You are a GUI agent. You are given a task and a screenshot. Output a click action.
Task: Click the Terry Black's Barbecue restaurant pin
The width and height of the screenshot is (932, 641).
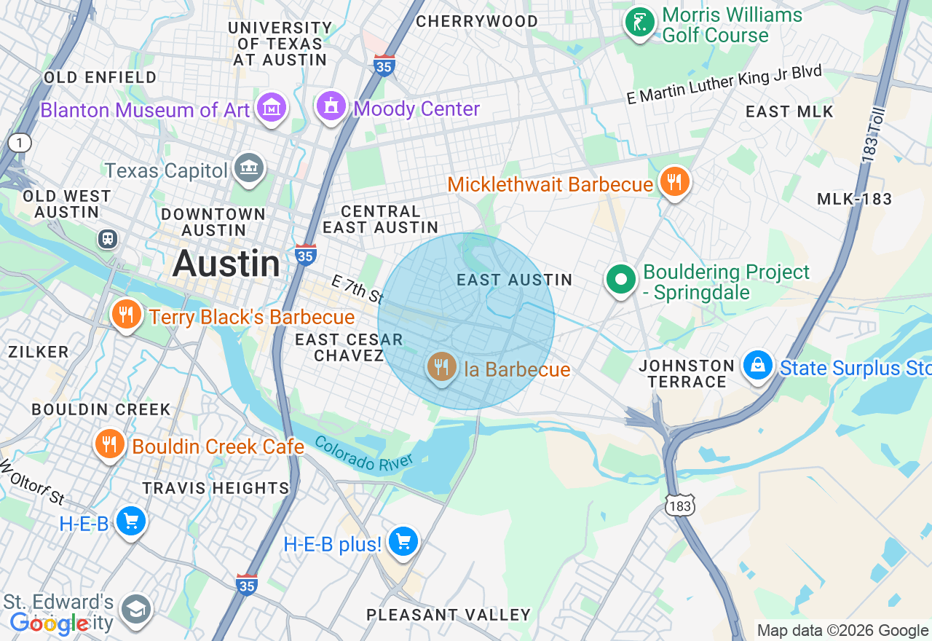(x=126, y=315)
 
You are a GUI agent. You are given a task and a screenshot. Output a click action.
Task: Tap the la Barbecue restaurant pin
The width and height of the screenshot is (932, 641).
(x=441, y=367)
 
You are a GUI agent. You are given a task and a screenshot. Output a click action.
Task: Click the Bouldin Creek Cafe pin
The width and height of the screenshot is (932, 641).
(x=109, y=444)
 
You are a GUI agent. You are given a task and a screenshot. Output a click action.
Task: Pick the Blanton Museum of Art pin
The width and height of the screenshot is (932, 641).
(x=272, y=109)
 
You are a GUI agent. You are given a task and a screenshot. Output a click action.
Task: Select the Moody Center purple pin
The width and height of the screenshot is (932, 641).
(x=331, y=107)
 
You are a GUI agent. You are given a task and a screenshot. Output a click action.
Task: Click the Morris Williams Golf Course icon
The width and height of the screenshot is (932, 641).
(x=640, y=22)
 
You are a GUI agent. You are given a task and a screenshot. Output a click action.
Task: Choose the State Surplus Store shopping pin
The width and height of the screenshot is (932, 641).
(x=758, y=366)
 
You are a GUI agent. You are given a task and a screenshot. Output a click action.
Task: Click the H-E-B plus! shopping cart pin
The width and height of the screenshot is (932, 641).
(x=403, y=542)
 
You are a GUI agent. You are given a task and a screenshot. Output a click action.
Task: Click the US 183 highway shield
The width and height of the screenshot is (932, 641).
(x=679, y=505)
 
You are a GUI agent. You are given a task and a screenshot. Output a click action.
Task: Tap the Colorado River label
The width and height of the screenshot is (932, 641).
(x=364, y=453)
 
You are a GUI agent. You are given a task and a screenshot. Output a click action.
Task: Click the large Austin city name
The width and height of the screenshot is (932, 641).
(x=226, y=263)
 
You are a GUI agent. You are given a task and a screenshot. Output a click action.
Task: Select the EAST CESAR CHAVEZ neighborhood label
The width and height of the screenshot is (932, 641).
(x=349, y=347)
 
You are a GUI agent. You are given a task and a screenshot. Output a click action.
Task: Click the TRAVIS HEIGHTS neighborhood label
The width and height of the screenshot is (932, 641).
(x=216, y=488)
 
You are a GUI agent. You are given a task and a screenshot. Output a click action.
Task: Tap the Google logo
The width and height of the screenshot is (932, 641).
(x=50, y=624)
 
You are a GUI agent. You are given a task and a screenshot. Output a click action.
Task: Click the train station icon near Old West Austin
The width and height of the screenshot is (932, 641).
(x=108, y=239)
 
